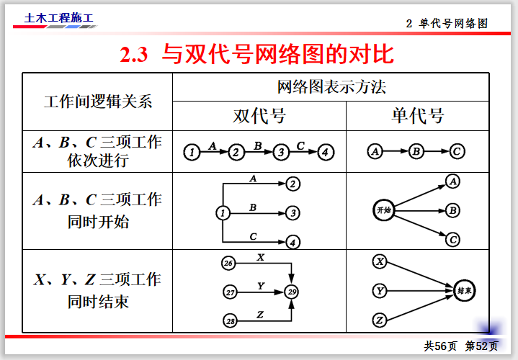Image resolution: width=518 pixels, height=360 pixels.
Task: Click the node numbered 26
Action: click(228, 264)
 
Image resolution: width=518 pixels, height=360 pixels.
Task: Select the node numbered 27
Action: click(230, 292)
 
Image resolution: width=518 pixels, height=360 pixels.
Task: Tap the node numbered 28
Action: click(230, 320)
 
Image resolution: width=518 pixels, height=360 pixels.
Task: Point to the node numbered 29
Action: click(292, 292)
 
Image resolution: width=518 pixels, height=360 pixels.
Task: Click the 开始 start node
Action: click(383, 210)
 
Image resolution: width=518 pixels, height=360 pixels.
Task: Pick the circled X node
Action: click(380, 262)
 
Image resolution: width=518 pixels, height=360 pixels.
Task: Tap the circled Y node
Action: click(380, 291)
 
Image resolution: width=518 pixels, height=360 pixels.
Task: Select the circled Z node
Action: click(380, 320)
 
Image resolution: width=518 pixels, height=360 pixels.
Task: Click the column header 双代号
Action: click(259, 116)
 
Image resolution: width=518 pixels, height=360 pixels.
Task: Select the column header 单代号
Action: click(418, 116)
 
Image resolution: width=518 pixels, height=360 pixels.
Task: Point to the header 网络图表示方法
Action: click(331, 87)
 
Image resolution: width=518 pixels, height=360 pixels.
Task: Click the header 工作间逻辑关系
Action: click(98, 102)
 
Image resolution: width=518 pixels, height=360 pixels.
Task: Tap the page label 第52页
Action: click(481, 346)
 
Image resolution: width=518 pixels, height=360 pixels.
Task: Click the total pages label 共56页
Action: click(440, 346)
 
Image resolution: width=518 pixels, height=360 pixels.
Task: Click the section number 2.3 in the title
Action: click(134, 55)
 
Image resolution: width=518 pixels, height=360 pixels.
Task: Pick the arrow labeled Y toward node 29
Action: click(261, 292)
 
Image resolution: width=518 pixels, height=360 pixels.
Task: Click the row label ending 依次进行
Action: click(98, 161)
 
